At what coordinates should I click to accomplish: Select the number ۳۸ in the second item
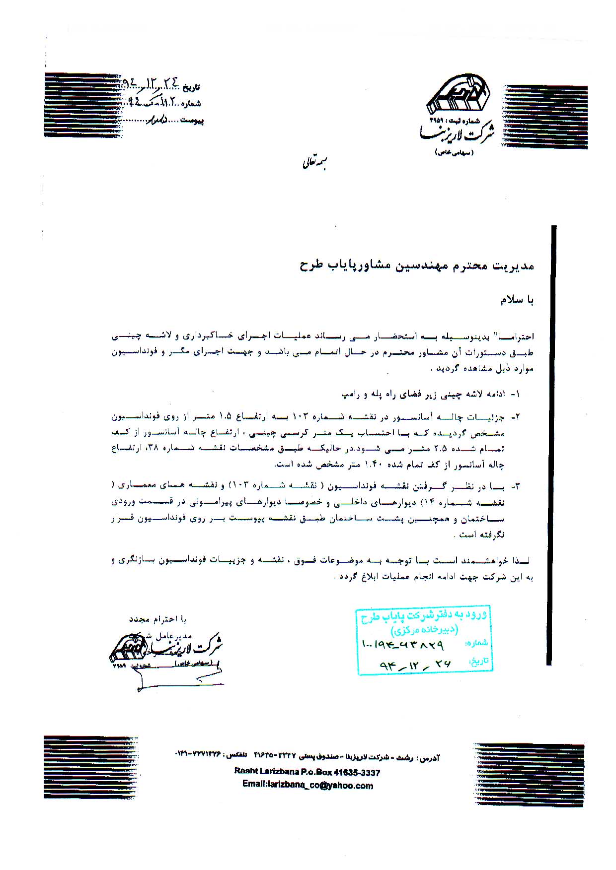(x=152, y=449)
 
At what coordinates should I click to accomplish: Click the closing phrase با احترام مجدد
(x=157, y=620)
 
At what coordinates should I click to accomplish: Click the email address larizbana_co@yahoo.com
(x=308, y=785)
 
